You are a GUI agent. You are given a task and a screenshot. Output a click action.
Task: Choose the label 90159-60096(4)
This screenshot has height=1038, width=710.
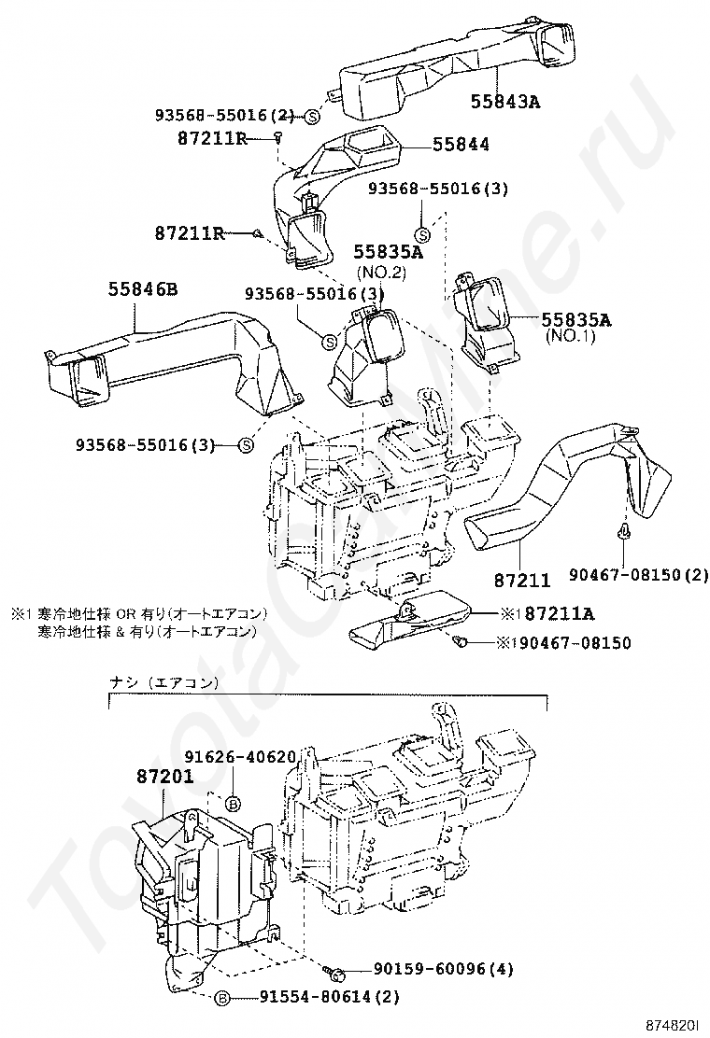pos(435,969)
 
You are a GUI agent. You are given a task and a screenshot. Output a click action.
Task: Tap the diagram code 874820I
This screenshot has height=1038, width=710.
pos(674,1025)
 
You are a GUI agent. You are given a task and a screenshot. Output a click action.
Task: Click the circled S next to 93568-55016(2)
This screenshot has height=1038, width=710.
pos(312,116)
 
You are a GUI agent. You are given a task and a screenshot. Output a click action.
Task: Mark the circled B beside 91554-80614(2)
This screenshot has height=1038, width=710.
pos(222,997)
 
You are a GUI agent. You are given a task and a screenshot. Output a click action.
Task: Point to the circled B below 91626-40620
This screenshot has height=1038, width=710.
pos(234,802)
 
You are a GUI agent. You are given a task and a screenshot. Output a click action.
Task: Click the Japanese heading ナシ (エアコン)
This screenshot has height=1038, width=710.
pos(163,682)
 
